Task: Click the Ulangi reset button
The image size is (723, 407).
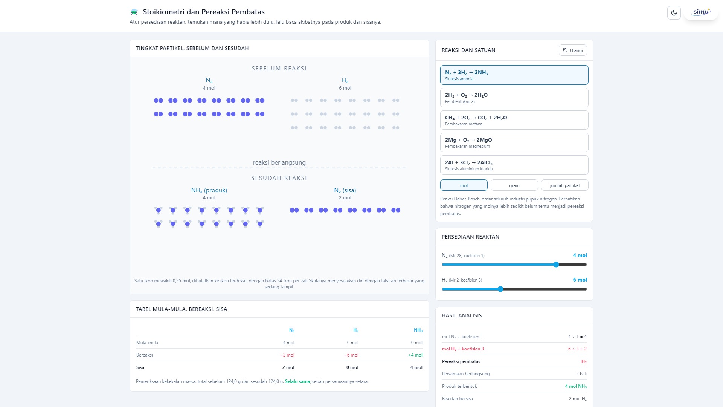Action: [573, 50]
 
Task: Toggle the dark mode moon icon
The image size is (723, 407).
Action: [674, 13]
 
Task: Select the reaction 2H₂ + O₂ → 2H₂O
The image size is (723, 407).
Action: [514, 98]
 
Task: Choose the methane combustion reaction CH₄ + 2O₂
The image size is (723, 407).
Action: [514, 120]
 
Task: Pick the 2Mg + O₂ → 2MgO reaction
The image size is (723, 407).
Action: [514, 142]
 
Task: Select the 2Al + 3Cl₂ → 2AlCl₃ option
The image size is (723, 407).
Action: [514, 165]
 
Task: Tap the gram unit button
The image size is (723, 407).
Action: [514, 185]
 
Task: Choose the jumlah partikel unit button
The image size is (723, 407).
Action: [564, 185]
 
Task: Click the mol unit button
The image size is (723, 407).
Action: [464, 185]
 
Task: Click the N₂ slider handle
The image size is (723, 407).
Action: [556, 265]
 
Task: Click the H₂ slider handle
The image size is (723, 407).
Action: [500, 289]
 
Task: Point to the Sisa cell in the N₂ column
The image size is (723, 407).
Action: [288, 367]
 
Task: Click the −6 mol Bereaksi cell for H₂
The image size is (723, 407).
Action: [351, 355]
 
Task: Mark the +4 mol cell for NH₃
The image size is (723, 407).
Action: [415, 355]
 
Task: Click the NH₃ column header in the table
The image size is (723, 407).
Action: [418, 330]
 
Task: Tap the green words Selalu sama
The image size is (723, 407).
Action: [297, 381]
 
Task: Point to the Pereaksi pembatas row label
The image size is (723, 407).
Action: [461, 361]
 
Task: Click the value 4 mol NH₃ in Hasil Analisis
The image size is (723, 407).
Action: [576, 386]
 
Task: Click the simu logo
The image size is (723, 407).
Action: [701, 12]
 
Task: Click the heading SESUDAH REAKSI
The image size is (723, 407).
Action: [279, 178]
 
